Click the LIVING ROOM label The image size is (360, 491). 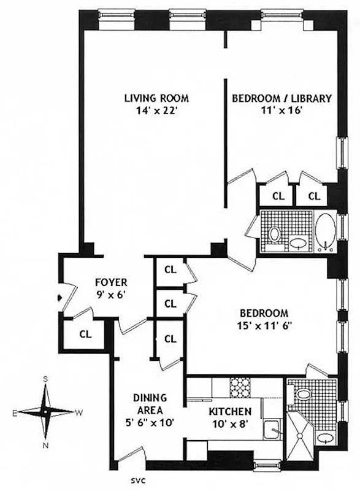pos(156,98)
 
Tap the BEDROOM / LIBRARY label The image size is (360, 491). pos(281,98)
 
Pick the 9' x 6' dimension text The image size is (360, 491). pos(111,294)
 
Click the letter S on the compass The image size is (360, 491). pos(45,379)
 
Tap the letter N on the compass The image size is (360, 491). pos(45,445)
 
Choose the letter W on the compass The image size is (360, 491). pos(79,412)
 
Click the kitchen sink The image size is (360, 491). pos(270,430)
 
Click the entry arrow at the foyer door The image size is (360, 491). pos(59,298)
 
